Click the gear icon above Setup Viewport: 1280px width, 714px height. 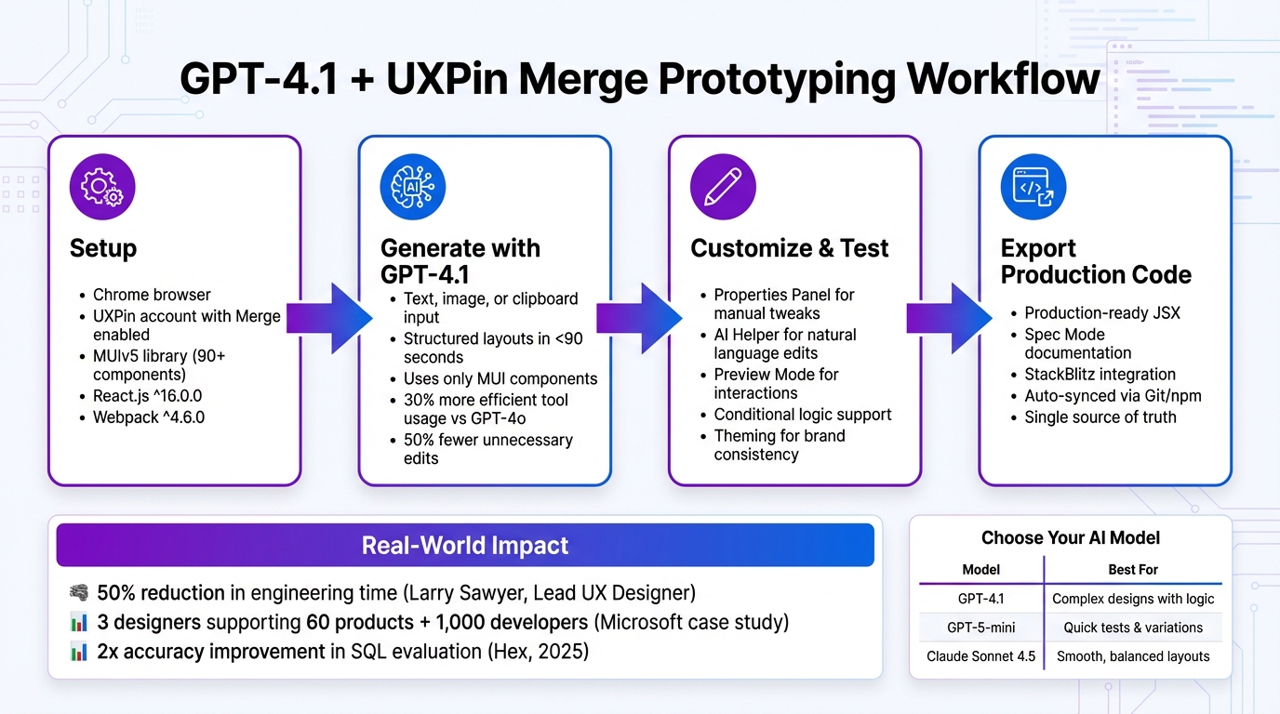click(x=102, y=187)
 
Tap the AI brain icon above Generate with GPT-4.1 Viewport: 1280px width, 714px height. click(x=413, y=187)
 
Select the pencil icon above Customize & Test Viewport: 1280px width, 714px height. click(x=723, y=187)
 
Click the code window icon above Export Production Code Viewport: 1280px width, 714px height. click(x=1033, y=187)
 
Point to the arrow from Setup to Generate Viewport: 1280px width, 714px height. click(x=329, y=318)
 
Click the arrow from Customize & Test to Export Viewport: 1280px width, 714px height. click(x=950, y=318)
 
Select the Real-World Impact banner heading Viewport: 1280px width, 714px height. click(x=464, y=545)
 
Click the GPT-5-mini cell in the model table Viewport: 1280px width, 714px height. click(x=980, y=628)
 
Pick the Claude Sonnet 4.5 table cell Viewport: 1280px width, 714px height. click(x=980, y=656)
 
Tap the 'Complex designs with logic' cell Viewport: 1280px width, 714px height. click(x=1133, y=599)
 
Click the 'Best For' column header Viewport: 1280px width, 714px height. click(x=1133, y=569)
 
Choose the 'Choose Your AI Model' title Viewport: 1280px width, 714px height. click(x=1070, y=538)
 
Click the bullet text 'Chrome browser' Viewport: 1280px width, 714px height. click(x=152, y=295)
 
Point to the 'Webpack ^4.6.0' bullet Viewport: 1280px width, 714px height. click(x=149, y=417)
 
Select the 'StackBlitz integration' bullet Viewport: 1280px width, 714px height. click(x=1100, y=375)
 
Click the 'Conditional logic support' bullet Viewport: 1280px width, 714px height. click(x=802, y=415)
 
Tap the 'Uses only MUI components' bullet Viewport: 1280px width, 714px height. click(x=500, y=378)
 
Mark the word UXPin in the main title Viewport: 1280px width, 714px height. click(x=446, y=80)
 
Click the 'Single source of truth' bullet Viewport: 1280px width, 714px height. click(x=1100, y=417)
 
